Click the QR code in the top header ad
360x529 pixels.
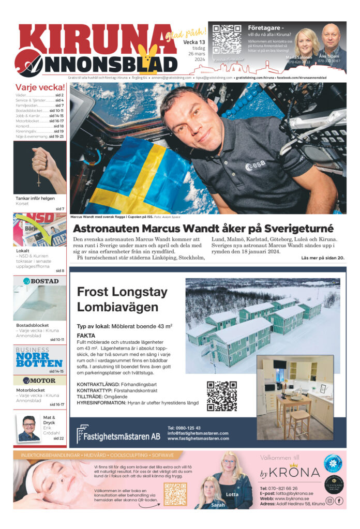click(x=227, y=39)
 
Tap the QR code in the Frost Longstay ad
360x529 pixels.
click(x=221, y=396)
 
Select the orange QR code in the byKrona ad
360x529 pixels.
click(x=175, y=494)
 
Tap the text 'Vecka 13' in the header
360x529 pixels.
click(x=194, y=42)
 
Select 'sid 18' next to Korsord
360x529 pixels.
click(x=58, y=126)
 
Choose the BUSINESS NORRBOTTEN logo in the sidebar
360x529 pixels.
click(x=39, y=357)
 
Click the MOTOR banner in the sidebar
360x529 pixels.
click(x=39, y=380)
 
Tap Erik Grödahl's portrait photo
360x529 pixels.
click(x=28, y=429)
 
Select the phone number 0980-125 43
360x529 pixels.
click(x=184, y=428)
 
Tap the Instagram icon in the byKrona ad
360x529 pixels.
click(x=329, y=501)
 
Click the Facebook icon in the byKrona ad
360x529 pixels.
click(x=339, y=501)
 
